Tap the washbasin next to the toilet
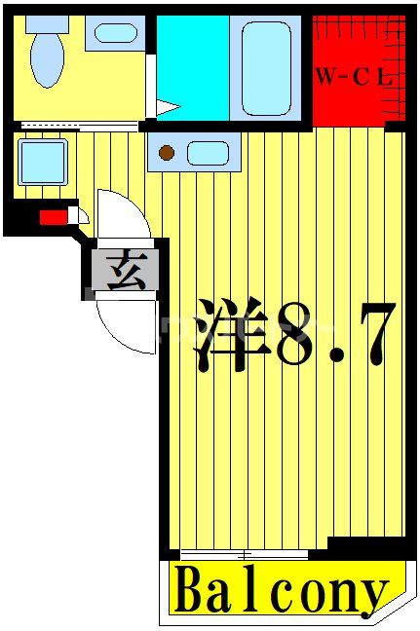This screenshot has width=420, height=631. pyautogui.click(x=115, y=34)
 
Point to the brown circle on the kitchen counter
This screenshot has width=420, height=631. pyautogui.click(x=167, y=152)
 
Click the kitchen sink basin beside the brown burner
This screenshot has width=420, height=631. pyautogui.click(x=207, y=152)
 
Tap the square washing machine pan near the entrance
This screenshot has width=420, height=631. pyautogui.click(x=42, y=162)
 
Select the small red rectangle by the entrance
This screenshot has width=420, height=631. pyautogui.click(x=54, y=217)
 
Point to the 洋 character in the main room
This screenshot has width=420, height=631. pyautogui.click(x=230, y=334)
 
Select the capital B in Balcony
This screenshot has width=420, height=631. pyautogui.click(x=191, y=589)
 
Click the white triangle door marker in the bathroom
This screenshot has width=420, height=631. pyautogui.click(x=167, y=105)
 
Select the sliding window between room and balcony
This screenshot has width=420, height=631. pyautogui.click(x=244, y=554)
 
